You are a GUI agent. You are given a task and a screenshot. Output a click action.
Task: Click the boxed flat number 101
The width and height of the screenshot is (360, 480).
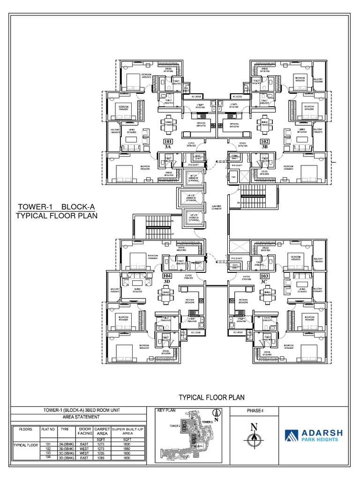pyautogui.click(x=167, y=141)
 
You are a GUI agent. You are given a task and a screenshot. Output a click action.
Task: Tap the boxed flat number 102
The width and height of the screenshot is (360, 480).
pyautogui.click(x=265, y=141)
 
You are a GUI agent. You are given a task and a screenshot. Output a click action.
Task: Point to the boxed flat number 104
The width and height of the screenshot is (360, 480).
pyautogui.click(x=167, y=276)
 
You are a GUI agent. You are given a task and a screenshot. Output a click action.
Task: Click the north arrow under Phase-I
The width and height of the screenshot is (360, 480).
pyautogui.click(x=254, y=438)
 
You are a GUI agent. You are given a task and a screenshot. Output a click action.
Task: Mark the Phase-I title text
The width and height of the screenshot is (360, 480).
pyautogui.click(x=255, y=411)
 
